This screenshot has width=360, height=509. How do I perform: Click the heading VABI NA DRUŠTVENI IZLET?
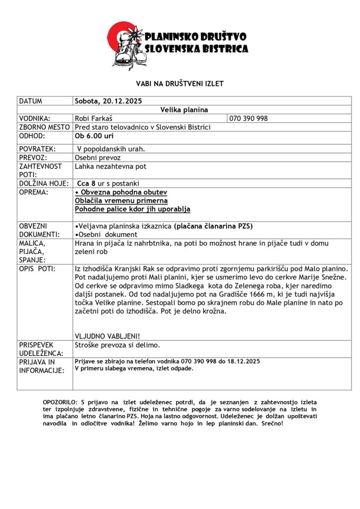pos(180,84)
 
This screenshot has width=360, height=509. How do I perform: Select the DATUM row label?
pos(31,101)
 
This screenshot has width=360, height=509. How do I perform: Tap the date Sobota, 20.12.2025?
pos(108,101)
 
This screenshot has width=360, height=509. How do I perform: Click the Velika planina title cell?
pos(184,109)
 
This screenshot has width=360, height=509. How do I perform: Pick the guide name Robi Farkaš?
pos(92,118)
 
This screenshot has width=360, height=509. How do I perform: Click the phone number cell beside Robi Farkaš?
pos(249,118)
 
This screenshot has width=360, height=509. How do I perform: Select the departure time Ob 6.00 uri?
pos(94,136)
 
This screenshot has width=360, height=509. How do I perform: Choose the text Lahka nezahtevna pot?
pos(110,167)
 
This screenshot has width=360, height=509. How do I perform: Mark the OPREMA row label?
pos(33,192)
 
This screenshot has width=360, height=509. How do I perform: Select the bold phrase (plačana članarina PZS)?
pos(213,226)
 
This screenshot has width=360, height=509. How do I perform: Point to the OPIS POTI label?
pos(37,268)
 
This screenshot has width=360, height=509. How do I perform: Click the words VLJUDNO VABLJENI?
pos(107,336)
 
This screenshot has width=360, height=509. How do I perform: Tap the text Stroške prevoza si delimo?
pos(117,344)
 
